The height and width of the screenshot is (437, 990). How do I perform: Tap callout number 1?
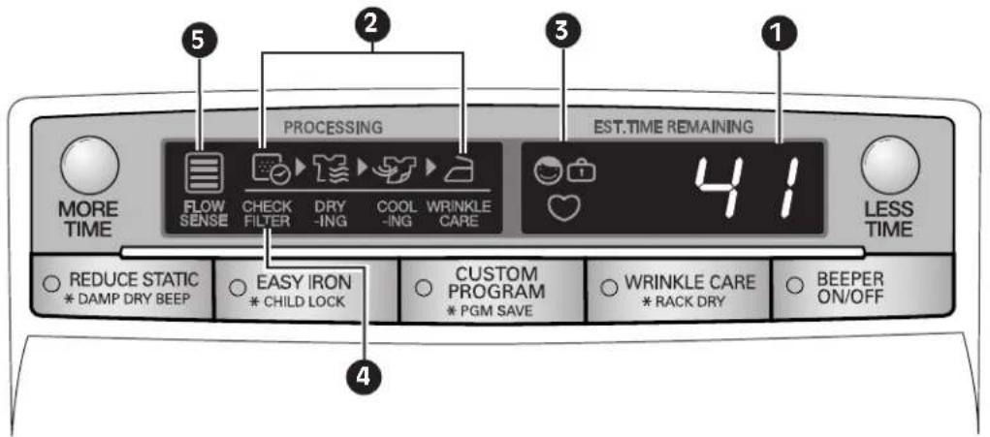pos(780,34)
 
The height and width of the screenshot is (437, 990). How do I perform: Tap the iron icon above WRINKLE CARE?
pos(459,169)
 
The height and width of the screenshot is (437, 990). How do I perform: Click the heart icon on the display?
pos(563,207)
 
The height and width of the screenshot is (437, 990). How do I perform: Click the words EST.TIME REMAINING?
pos(673,127)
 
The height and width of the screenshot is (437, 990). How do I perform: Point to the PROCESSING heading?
pos(333,127)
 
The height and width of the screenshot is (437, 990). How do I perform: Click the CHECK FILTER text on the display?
pos(268,214)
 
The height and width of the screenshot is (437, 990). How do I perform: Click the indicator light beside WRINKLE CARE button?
pos(609,287)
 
